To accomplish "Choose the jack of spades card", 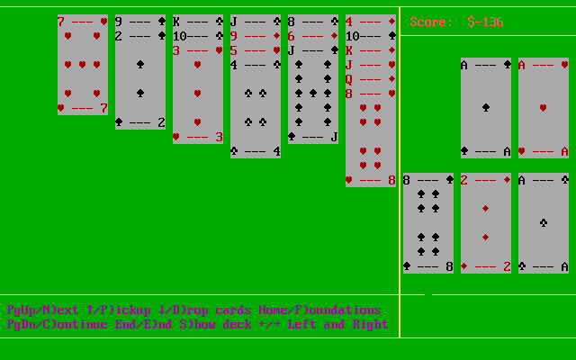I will (x=312, y=94).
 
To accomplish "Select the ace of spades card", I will (x=485, y=108).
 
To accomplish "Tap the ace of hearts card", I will (x=543, y=108).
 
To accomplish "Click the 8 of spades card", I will (x=427, y=223).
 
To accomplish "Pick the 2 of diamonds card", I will (x=485, y=223).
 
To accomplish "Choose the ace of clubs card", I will (x=543, y=223).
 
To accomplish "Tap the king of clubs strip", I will (x=197, y=21).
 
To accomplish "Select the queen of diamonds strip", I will (x=370, y=78).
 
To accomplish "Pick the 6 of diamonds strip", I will (x=312, y=35).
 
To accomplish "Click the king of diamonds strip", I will (x=370, y=49).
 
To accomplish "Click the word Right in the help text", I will (x=369, y=324).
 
